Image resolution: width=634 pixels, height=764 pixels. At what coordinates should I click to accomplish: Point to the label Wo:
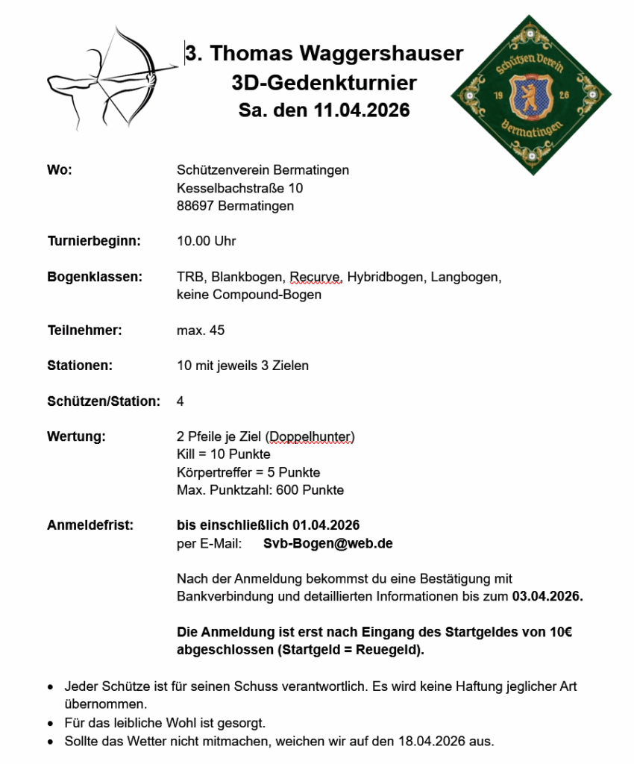click(x=60, y=170)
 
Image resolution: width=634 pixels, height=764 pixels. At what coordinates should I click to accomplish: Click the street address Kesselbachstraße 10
click(x=239, y=188)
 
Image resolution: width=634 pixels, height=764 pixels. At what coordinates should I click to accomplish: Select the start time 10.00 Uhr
click(x=207, y=241)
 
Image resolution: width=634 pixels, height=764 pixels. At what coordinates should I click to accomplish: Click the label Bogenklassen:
click(x=95, y=277)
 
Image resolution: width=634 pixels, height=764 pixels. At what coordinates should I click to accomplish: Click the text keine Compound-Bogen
click(x=249, y=295)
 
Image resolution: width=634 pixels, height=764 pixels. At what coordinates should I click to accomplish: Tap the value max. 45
click(x=201, y=330)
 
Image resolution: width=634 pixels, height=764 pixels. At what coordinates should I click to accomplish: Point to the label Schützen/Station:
click(x=104, y=401)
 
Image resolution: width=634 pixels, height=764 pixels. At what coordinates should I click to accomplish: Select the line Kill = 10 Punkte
click(x=224, y=454)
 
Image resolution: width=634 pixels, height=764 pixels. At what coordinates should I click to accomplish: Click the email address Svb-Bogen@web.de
click(x=328, y=543)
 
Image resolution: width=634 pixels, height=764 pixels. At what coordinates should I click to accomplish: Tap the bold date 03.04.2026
click(x=547, y=597)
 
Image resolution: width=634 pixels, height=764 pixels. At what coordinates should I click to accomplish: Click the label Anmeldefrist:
click(x=90, y=525)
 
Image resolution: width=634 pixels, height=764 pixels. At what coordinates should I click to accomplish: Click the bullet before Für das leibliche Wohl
click(x=50, y=724)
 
